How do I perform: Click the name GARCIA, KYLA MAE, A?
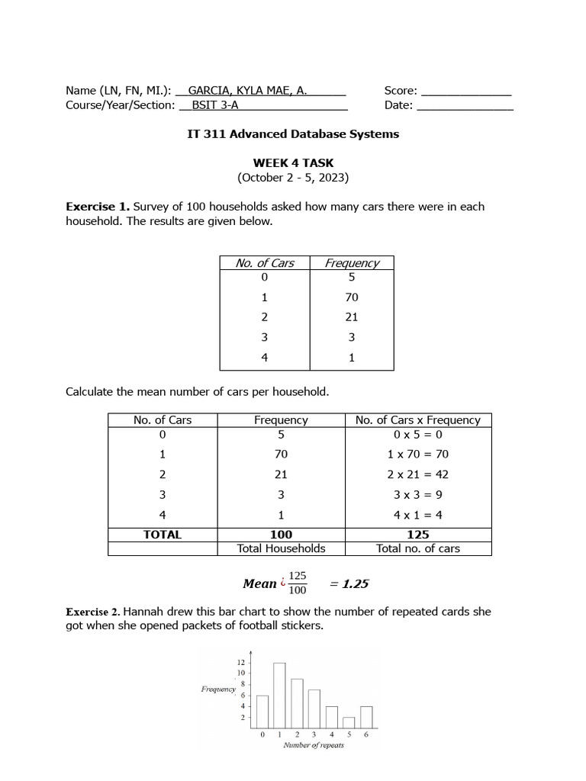point(247,90)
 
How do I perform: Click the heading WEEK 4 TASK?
point(293,163)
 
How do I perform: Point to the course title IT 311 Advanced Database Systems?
point(293,134)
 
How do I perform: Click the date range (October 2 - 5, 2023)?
point(293,178)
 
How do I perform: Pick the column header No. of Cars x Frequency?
point(418,419)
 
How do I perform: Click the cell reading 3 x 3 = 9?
point(418,494)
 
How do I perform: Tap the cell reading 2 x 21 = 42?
point(418,474)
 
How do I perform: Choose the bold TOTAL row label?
point(163,535)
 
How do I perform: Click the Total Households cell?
point(282,548)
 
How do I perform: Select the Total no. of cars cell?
point(418,548)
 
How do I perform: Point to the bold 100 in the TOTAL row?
point(282,535)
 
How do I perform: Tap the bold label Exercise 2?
point(92,612)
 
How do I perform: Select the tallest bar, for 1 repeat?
point(279,696)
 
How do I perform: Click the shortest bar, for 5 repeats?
point(349,723)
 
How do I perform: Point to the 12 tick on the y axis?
point(241,662)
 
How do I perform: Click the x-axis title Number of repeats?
point(314,745)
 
